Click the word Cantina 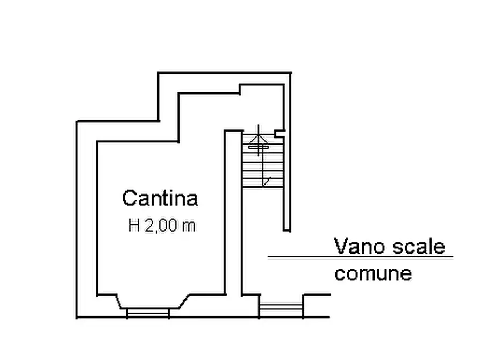(x=160, y=198)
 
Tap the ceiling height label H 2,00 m (x=161, y=226)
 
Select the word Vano (x=361, y=246)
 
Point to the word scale (x=419, y=246)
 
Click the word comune (x=373, y=273)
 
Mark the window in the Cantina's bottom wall (x=148, y=313)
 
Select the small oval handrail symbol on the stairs (x=259, y=148)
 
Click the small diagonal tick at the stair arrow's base (x=266, y=182)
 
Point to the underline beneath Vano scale (x=360, y=257)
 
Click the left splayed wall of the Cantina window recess (x=118, y=301)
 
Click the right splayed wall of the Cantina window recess (x=184, y=301)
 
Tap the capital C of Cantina (x=129, y=198)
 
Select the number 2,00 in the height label (x=161, y=226)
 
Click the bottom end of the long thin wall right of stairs (x=286, y=230)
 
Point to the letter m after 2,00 (x=189, y=227)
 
